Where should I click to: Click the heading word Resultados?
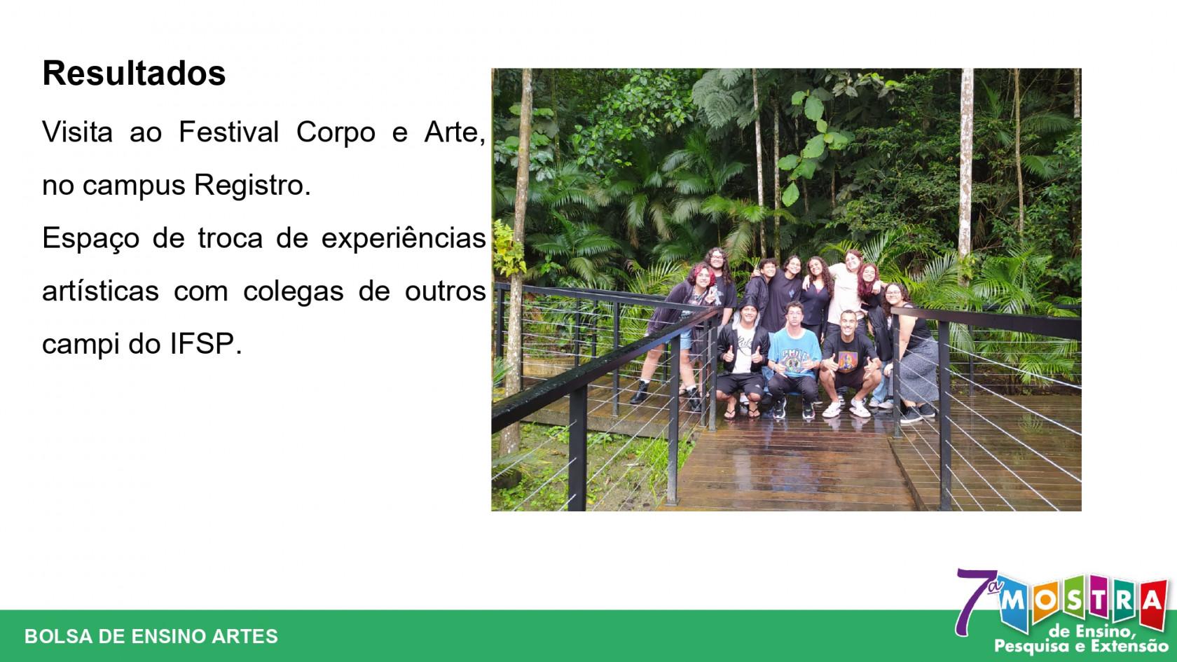[134, 74]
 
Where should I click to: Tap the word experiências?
[404, 239]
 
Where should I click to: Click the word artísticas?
[100, 291]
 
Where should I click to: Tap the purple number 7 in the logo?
[973, 602]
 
